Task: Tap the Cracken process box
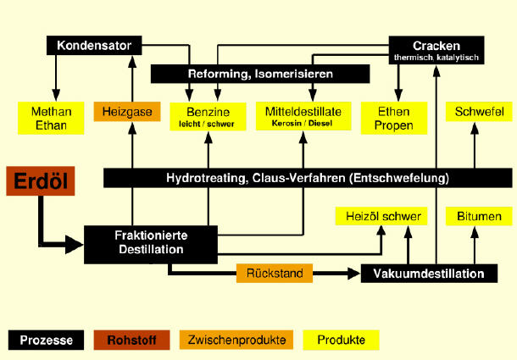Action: coord(436,48)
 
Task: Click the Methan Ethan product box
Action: coord(52,117)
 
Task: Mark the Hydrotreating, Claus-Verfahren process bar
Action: coord(306,178)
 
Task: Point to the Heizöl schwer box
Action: coord(379,217)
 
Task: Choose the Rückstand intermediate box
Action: coord(274,274)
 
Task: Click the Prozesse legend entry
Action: coord(47,341)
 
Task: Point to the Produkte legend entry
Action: coord(341,341)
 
